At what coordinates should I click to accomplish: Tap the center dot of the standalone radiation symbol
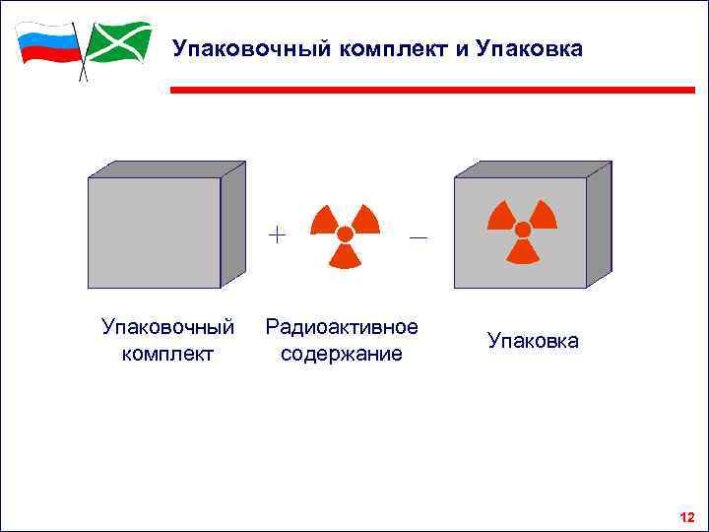click(345, 234)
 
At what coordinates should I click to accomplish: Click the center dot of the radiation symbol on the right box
click(523, 230)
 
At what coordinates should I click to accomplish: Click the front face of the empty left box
click(154, 233)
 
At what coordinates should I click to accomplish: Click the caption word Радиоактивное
click(342, 327)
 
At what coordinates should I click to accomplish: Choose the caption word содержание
click(342, 353)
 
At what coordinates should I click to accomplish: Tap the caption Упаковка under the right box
click(533, 341)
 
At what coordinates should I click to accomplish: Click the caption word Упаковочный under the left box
click(168, 327)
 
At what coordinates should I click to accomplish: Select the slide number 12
click(686, 517)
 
